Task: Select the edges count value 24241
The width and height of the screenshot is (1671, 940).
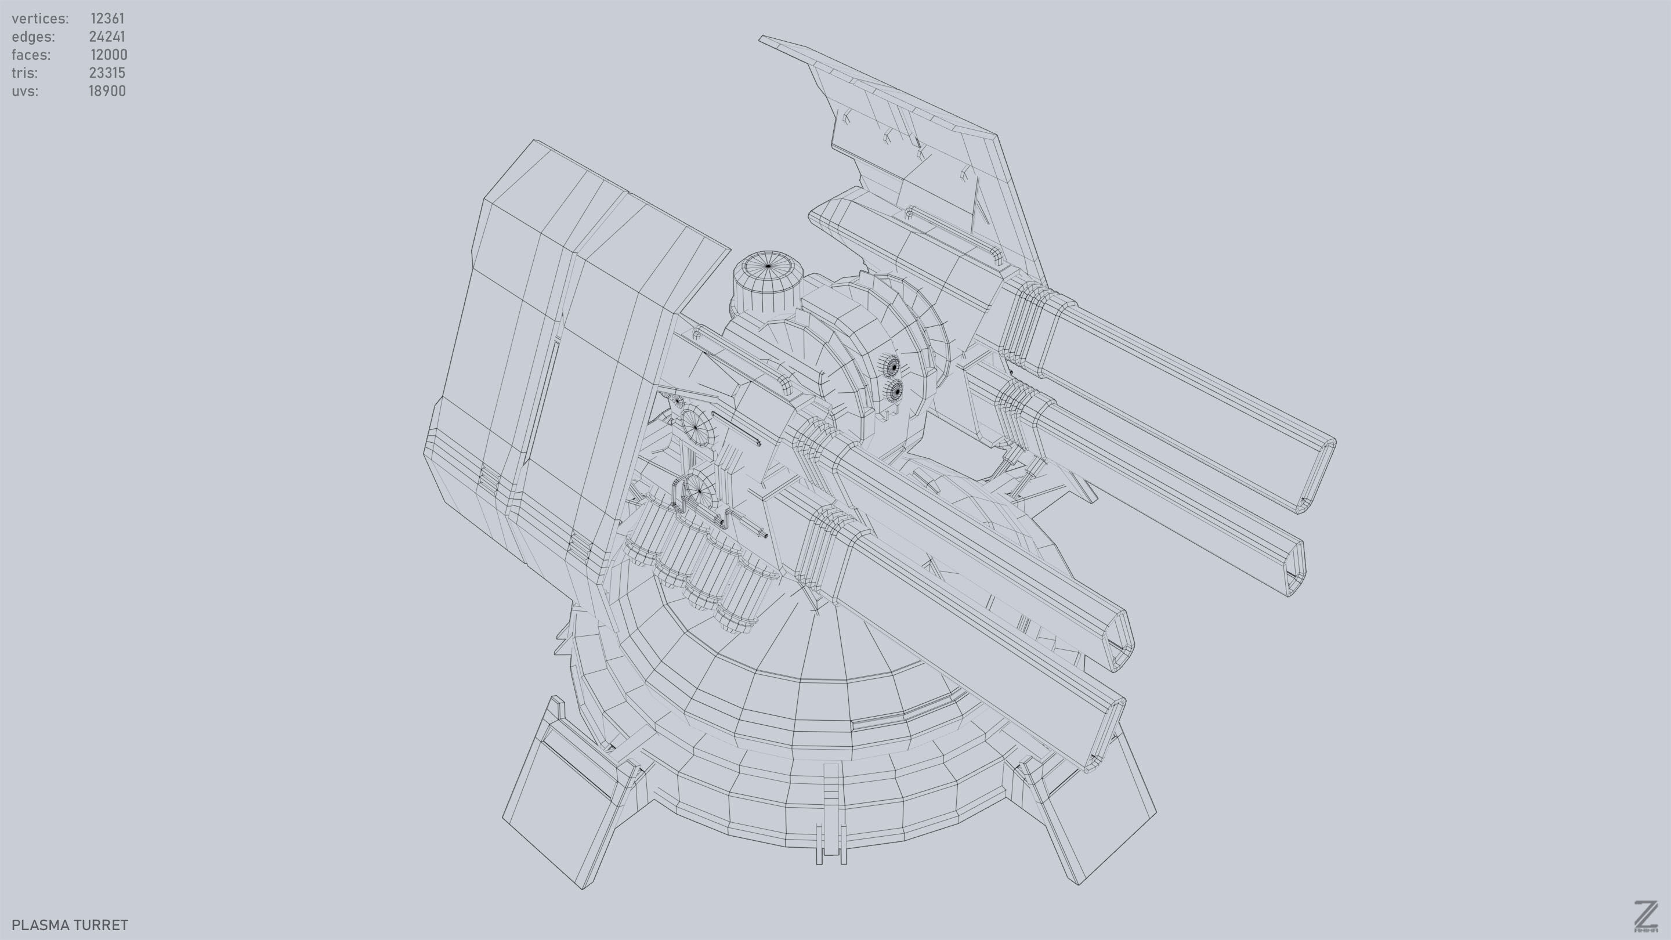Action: [107, 37]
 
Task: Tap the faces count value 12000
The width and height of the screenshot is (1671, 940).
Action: [108, 55]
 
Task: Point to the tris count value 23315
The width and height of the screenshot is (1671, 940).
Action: [107, 73]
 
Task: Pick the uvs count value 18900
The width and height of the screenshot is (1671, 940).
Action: [107, 91]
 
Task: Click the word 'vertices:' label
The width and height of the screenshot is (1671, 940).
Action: [40, 18]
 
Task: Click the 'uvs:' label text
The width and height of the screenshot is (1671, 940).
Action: [24, 91]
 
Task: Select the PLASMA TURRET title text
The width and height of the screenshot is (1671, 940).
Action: [70, 924]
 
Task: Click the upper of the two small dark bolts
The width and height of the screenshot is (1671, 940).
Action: [894, 367]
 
